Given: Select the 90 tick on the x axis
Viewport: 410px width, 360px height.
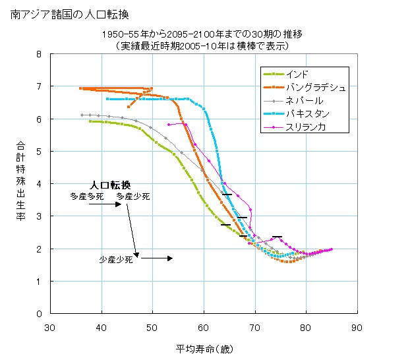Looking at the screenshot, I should point(357,326).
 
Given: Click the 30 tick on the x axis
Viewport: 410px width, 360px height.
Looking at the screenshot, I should point(50,326).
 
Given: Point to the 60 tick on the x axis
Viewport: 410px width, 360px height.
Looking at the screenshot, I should point(203,326).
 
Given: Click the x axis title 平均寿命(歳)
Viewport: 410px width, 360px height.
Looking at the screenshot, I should point(204,348).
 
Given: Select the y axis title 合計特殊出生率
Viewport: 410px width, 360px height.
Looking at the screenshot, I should point(20,184).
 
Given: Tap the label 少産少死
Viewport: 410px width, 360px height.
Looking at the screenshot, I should point(116,260).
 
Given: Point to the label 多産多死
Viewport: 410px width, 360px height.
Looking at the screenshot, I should point(87,196).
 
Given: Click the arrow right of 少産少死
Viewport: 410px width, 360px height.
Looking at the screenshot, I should point(156,258).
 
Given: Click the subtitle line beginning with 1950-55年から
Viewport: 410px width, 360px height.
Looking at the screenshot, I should point(202,34).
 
